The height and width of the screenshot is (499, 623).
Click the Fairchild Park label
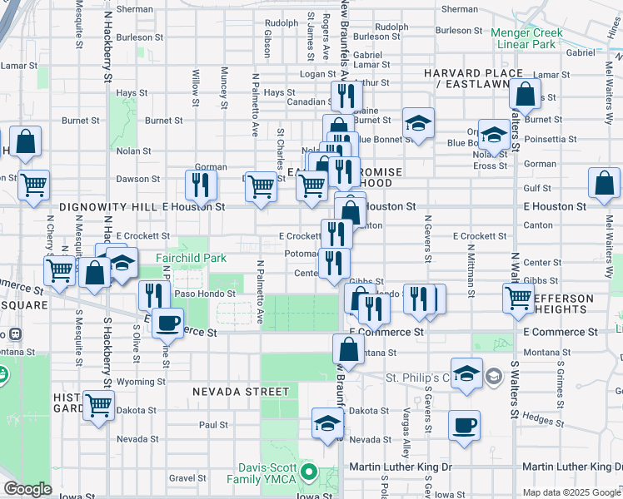click(191, 258)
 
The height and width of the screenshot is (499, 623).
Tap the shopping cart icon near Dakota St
click(99, 407)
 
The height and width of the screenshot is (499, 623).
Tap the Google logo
click(28, 489)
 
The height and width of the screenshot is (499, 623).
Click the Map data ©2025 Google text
click(571, 492)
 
